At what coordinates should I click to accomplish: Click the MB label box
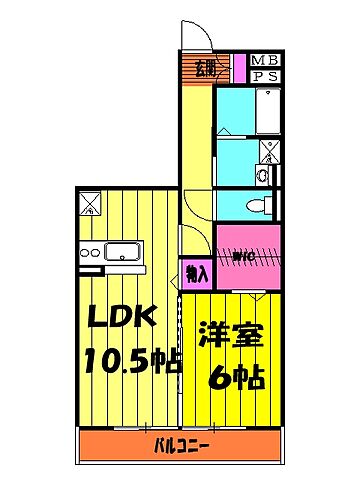point(265,59)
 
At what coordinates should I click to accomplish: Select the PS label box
point(265,76)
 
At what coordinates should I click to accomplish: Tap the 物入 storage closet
point(197,273)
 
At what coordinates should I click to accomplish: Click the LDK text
point(121,319)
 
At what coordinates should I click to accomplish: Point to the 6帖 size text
point(236,377)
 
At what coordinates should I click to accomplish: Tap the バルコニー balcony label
point(180,444)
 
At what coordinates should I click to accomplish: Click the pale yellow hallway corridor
point(197,160)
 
